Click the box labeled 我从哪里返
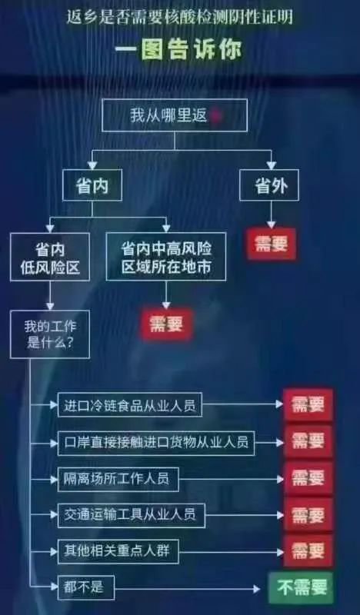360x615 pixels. click(175, 115)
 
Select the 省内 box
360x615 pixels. click(92, 185)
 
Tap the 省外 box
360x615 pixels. click(269, 185)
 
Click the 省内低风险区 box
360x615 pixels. click(50, 257)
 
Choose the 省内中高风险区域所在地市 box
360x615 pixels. click(166, 257)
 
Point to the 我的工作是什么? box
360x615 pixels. click(50, 334)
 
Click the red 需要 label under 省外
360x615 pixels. click(272, 244)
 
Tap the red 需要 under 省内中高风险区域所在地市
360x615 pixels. click(166, 324)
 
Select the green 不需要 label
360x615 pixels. click(301, 588)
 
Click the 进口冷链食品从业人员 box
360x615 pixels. click(130, 404)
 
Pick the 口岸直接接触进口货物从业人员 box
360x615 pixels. click(156, 443)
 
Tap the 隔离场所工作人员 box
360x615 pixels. click(118, 479)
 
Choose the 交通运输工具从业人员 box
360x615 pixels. click(132, 515)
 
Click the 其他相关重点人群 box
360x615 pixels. click(118, 551)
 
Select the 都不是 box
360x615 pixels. click(86, 587)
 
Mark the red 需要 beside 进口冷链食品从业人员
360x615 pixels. click(308, 405)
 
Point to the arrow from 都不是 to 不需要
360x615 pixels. click(187, 589)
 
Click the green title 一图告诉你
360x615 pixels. click(178, 49)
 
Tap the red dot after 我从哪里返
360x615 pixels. click(218, 116)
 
